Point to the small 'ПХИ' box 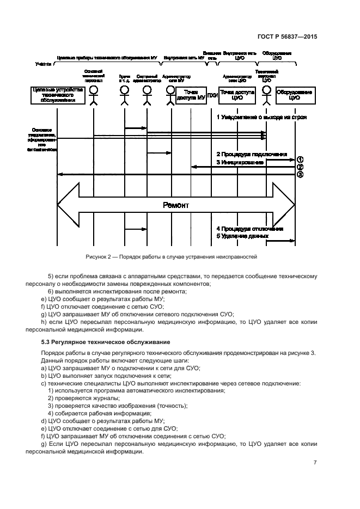pos(213,95)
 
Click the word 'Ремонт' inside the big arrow pos(176,205)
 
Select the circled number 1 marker pos(300,159)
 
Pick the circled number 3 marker pos(300,175)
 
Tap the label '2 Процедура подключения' pos(252,155)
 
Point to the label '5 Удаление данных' pos(242,237)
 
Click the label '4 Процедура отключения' pos(250,229)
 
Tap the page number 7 pos(315,463)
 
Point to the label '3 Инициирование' pos(240,162)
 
